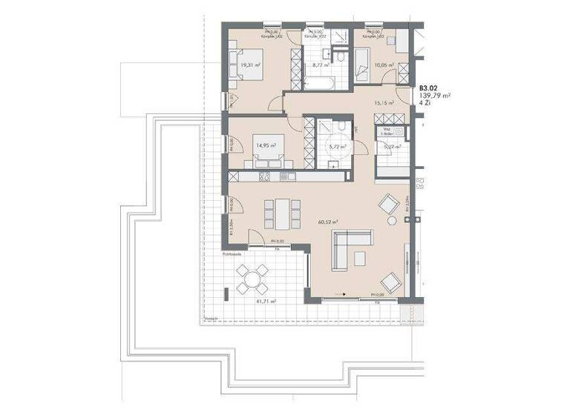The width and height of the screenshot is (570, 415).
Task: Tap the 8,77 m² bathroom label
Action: click(x=321, y=64)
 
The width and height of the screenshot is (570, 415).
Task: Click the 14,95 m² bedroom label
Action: click(x=265, y=145)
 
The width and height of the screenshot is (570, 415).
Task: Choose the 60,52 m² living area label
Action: click(x=327, y=221)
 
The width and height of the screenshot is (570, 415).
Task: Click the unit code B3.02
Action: click(x=429, y=87)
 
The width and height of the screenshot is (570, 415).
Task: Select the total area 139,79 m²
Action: click(x=436, y=96)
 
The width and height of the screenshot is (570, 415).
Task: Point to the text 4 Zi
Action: click(x=425, y=104)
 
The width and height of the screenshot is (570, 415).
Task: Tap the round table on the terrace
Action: click(x=252, y=279)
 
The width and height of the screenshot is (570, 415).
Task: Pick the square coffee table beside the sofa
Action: click(x=360, y=258)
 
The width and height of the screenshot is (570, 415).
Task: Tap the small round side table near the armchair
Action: click(x=391, y=220)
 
